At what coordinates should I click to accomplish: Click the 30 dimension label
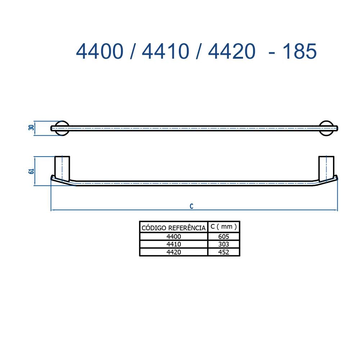tap(31, 128)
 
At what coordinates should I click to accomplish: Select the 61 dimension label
tap(31, 171)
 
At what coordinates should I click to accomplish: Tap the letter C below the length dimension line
tap(192, 206)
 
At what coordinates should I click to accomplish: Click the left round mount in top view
tap(62, 128)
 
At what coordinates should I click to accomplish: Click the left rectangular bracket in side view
tap(62, 168)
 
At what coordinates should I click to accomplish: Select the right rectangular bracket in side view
tap(326, 168)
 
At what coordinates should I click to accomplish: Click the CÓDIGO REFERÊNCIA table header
tap(174, 228)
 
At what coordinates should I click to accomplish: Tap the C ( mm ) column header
tap(224, 227)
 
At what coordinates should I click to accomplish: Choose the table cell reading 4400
tap(174, 237)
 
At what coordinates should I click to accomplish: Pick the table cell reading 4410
tap(174, 244)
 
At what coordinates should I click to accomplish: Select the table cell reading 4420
tap(174, 252)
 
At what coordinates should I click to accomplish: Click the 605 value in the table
tap(224, 237)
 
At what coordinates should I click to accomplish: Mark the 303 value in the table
tap(224, 244)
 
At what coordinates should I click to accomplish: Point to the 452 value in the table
tap(224, 252)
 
